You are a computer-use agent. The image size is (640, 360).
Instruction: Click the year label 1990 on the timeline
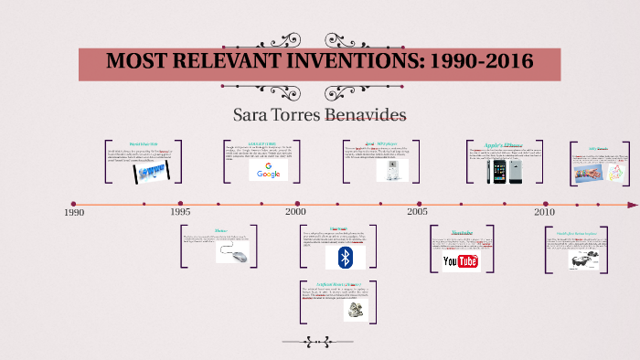pos(74,212)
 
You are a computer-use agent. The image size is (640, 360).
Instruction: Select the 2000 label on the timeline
pos(295,211)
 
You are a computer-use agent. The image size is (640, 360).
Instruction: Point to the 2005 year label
pos(417,211)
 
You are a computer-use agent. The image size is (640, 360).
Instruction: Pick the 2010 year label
pos(544,211)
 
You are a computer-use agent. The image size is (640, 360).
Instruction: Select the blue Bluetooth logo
pos(346,258)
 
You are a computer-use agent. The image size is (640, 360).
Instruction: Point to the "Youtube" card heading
pos(461,233)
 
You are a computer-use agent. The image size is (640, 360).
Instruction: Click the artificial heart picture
pos(355,312)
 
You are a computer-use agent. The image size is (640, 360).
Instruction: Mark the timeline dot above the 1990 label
pos(74,204)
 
